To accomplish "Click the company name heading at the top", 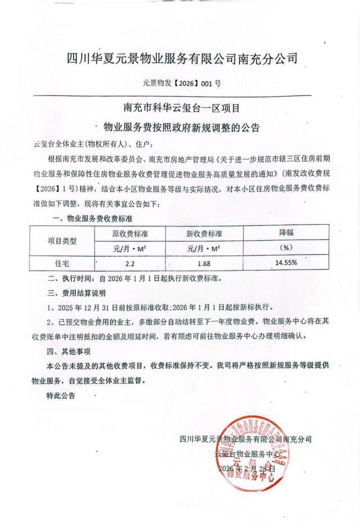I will point(182,58).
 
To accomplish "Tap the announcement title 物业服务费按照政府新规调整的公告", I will point(181,127).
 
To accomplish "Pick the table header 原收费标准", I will point(130,233).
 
